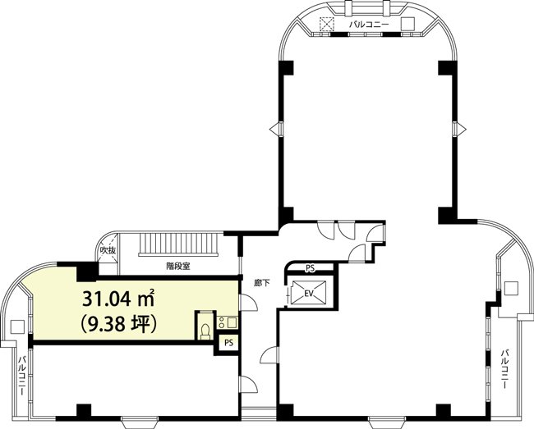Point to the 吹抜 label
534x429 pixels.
(x=108, y=249)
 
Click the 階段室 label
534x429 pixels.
(x=177, y=266)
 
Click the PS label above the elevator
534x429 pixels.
(x=310, y=268)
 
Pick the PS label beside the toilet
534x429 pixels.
(x=228, y=342)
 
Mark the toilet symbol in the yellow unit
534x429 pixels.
(x=205, y=331)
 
